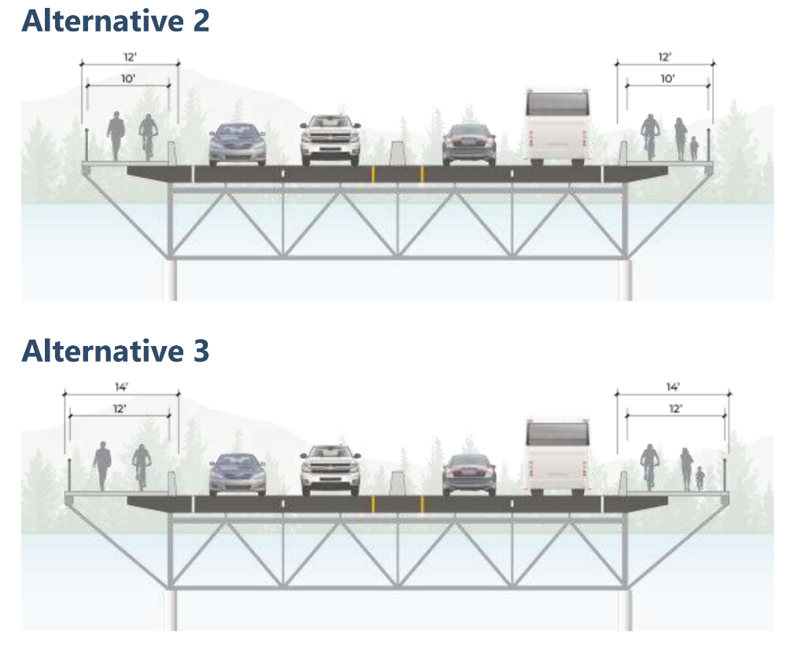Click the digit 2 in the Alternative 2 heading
(x=199, y=21)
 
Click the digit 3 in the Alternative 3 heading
(x=199, y=351)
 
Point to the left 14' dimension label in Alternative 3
(x=123, y=388)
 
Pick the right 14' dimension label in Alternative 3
(x=672, y=387)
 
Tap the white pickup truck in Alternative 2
(x=330, y=139)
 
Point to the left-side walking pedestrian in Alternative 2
(x=116, y=135)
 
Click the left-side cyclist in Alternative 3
(x=141, y=465)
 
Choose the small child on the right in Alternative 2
(x=694, y=147)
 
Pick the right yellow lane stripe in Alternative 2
(x=422, y=173)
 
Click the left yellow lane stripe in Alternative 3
(x=372, y=503)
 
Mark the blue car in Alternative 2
(x=237, y=143)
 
